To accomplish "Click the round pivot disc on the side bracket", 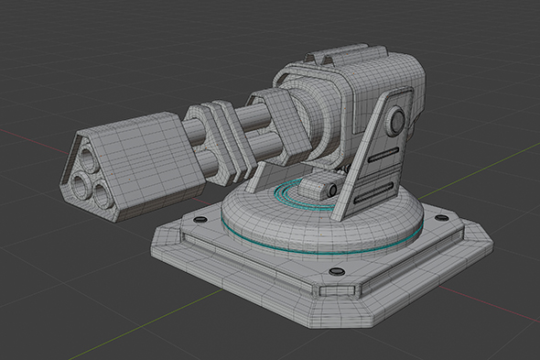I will tap(395, 121).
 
